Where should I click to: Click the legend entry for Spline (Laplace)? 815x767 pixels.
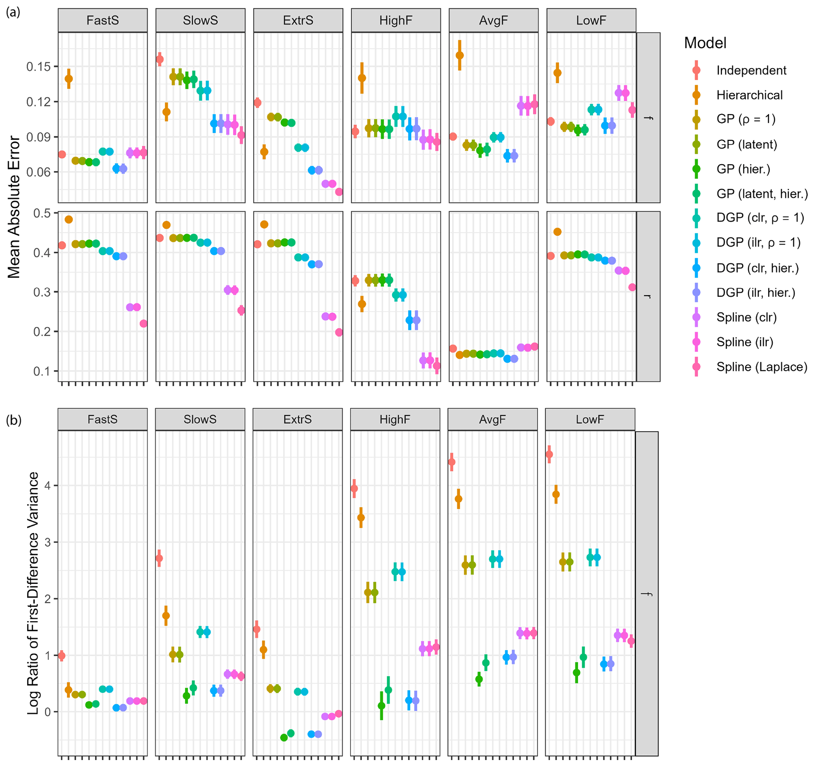pos(761,367)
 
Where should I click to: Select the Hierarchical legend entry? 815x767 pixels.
pos(749,95)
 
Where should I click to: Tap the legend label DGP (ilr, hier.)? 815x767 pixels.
pos(755,292)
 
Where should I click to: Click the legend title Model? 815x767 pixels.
pos(705,43)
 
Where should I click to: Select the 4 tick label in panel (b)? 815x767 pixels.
pos(48,486)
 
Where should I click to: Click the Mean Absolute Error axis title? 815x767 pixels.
pos(14,207)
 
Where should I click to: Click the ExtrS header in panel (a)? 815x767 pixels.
pos(298,21)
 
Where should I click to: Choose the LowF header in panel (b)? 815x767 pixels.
pos(589,419)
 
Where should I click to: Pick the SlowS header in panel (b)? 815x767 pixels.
pos(200,419)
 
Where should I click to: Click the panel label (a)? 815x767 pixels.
pos(13,12)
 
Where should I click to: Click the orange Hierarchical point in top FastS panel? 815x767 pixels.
pos(69,79)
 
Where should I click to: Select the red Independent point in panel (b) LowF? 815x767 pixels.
pos(549,454)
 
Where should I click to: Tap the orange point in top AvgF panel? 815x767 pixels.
pos(460,55)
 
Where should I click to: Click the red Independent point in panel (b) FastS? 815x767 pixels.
pos(62,655)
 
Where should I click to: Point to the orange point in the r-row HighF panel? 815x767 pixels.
pos(362,304)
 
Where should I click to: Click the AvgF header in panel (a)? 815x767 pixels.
pos(493,21)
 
